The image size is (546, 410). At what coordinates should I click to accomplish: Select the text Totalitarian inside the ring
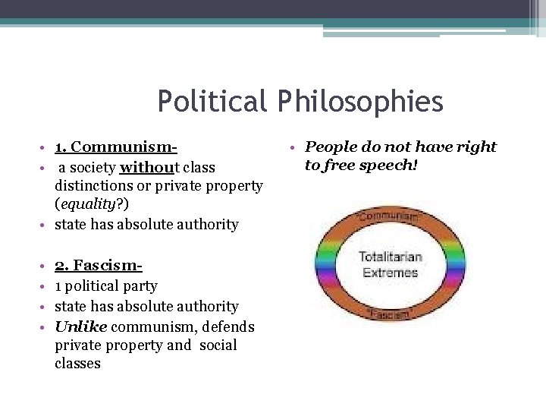[390, 257]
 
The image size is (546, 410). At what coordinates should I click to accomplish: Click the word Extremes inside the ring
[390, 272]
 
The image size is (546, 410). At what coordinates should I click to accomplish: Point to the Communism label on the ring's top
[390, 216]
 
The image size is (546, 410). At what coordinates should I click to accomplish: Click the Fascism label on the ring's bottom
[390, 313]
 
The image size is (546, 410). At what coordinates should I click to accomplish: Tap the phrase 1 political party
[106, 286]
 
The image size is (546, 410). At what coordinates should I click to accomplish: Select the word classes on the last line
[77, 364]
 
